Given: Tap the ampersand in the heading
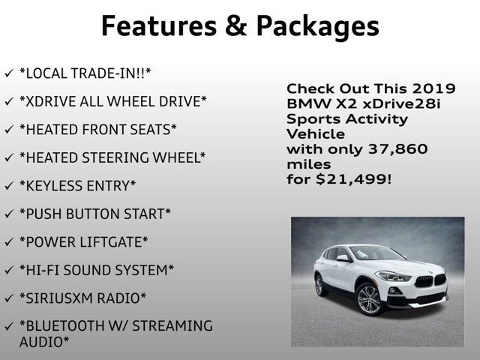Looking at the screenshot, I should click(232, 25).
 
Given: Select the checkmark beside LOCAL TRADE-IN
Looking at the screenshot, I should click(8, 73).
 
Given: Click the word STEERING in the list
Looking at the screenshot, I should click(120, 157).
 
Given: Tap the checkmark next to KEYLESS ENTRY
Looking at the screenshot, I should click(8, 185).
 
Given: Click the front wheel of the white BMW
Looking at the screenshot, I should click(368, 301).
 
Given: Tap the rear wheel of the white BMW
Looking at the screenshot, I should click(319, 285).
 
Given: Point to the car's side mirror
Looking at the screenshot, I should click(343, 258).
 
